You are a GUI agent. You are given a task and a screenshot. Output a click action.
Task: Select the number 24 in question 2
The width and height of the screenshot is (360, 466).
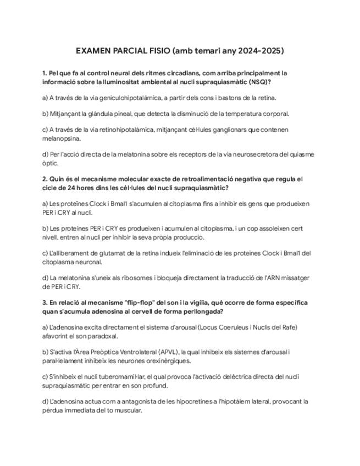pyautogui.click(x=73, y=188)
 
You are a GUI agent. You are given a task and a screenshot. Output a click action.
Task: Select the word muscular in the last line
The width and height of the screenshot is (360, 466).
pyautogui.click(x=128, y=410)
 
